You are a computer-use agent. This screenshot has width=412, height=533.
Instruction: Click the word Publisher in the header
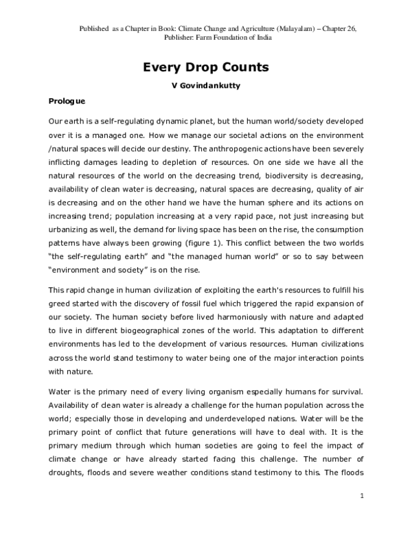click(x=161, y=38)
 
